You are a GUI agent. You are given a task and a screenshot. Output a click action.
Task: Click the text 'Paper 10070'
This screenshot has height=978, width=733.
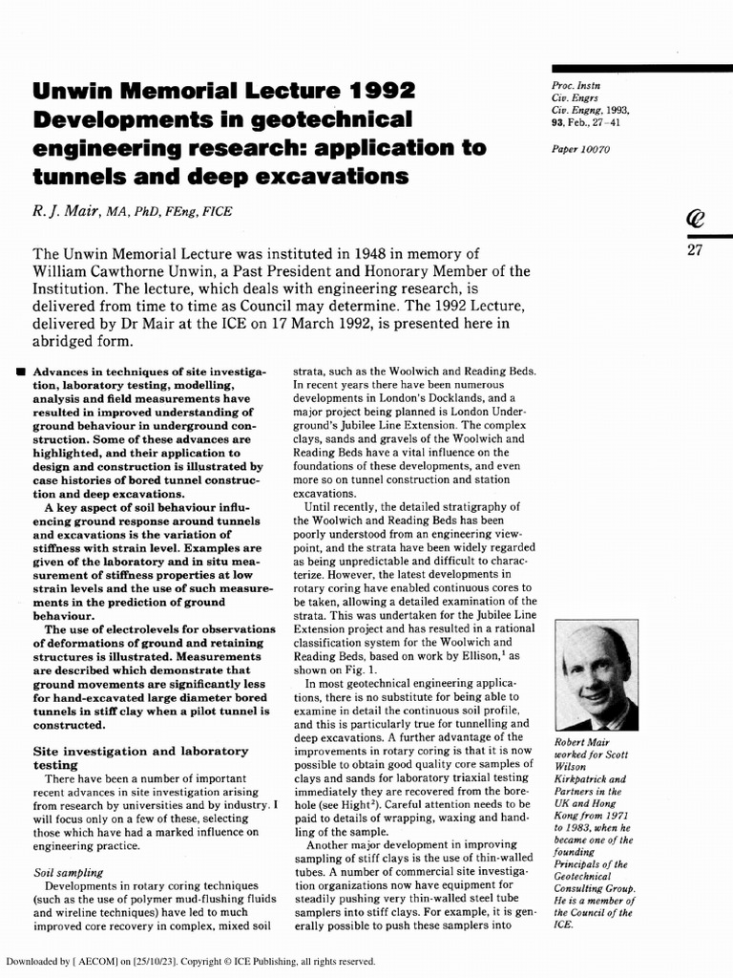[x=580, y=150]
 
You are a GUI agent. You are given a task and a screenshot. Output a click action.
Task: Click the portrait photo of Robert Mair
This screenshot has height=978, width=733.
[x=596, y=675]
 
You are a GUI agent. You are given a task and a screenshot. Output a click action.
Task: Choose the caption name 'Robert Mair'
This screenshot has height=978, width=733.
[x=583, y=742]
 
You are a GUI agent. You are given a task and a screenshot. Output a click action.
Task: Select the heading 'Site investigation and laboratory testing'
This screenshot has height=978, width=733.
[x=140, y=758]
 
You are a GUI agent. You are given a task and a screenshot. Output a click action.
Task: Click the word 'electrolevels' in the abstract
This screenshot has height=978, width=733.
[x=136, y=629]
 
